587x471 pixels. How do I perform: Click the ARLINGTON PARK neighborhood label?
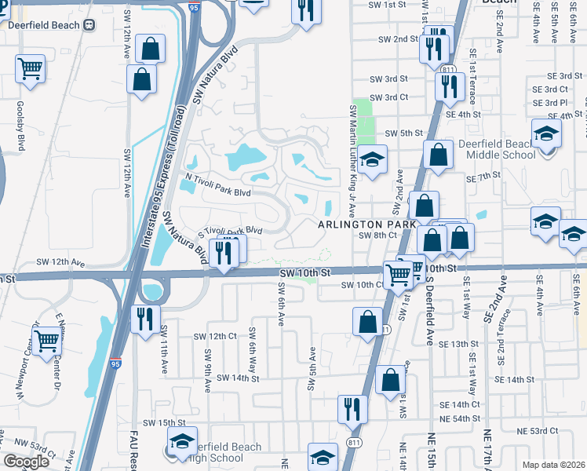[366, 225]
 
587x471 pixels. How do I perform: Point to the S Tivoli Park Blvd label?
[228, 231]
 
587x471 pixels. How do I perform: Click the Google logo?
[26, 462]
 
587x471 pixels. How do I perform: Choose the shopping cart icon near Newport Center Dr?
[47, 339]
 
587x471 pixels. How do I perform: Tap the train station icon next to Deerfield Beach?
[89, 24]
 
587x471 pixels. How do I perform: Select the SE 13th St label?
[458, 344]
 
